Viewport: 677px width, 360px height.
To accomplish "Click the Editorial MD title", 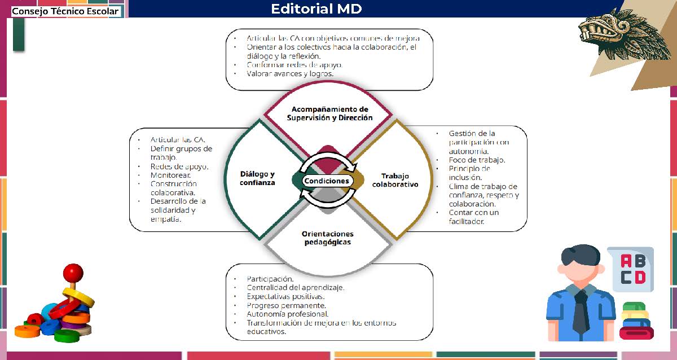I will (316, 9).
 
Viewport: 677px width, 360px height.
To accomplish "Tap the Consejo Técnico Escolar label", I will (65, 11).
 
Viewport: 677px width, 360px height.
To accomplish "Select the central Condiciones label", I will (327, 181).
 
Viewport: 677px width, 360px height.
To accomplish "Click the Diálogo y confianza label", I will (257, 178).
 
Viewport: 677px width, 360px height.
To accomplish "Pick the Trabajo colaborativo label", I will (395, 180).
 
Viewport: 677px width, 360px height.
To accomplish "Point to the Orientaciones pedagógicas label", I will (327, 238).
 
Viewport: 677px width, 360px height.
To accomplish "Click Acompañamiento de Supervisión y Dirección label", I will (329, 113).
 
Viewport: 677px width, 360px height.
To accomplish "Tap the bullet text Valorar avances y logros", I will (290, 74).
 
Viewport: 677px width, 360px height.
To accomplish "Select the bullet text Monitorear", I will (166, 175).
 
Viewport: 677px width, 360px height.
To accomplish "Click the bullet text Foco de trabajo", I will (477, 160).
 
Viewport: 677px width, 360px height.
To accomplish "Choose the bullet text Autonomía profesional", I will (288, 314).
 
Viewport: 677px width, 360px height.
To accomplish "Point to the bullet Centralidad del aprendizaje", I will (295, 287).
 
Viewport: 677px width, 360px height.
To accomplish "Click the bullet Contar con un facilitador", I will (474, 217).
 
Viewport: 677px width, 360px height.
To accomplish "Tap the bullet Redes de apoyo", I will (179, 166).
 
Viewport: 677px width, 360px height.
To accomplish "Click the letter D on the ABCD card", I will (640, 277).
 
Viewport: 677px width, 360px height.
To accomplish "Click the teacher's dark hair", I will (581, 255).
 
